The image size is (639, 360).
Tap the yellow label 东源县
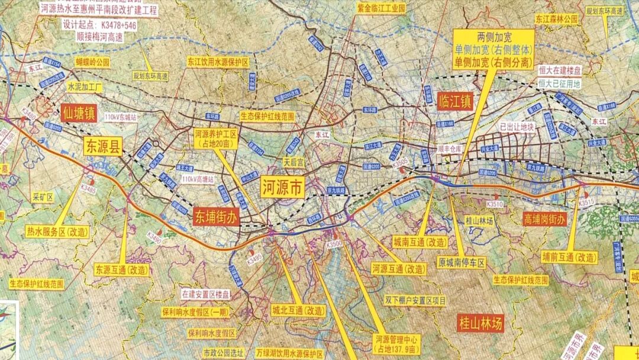pyautogui.click(x=102, y=146)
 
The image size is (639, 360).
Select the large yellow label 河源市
pyautogui.click(x=283, y=188)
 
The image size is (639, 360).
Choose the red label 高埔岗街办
pyautogui.click(x=544, y=219)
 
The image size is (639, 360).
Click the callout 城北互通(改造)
pyautogui.click(x=299, y=310)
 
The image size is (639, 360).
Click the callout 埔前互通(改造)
pyautogui.click(x=569, y=258)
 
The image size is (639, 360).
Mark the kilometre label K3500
pyautogui.click(x=334, y=244)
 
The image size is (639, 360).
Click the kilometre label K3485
pyautogui.click(x=88, y=189)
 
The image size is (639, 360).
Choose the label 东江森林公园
pyautogui.click(x=556, y=18)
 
